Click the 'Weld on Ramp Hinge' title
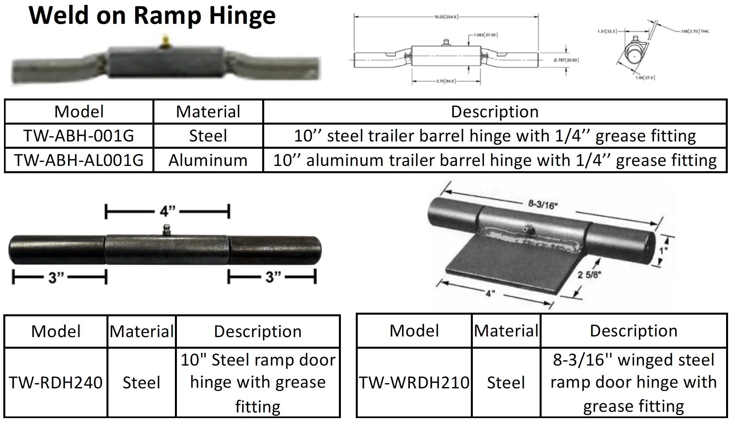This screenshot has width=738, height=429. tap(152, 16)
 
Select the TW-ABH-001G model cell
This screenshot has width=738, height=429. tap(79, 136)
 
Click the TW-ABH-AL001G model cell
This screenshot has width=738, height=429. tap(79, 160)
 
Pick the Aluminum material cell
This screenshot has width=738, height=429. tap(208, 160)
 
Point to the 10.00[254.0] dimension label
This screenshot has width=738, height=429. tap(446, 17)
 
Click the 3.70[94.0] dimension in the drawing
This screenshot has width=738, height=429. tap(446, 81)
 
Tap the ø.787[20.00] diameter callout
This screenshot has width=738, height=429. tap(566, 60)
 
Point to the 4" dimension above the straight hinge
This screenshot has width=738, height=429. tap(167, 211)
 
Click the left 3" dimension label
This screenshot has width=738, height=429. tap(56, 277)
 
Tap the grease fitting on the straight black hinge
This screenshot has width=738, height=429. tap(166, 230)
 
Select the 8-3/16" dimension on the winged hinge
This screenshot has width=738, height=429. tap(543, 205)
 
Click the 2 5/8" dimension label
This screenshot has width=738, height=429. tap(589, 275)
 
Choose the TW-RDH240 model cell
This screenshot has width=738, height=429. tap(56, 383)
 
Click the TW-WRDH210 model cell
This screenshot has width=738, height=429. tap(414, 383)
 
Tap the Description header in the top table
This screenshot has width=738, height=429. tap(495, 112)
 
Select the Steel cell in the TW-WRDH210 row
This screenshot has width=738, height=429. tap(506, 383)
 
